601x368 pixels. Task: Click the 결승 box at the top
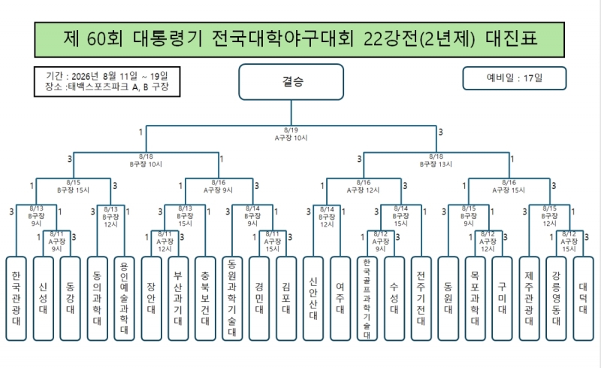291,82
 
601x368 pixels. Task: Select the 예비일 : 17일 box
515,78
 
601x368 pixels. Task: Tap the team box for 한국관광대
16,299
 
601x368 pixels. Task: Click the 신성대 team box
43,299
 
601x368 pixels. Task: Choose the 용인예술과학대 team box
124,299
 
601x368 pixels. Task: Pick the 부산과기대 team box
178,299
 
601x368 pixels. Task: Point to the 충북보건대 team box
205,299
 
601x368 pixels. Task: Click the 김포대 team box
286,299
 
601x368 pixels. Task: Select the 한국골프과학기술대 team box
367,299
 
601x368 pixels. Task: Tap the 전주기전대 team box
421,299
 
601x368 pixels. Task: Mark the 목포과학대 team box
476,299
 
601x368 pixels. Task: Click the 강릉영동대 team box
556,299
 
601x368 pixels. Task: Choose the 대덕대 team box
584,299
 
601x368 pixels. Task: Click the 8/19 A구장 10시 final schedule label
291,134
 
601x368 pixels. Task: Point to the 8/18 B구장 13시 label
436,160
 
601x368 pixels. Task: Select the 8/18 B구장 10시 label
146,160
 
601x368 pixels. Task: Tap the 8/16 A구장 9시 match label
218,187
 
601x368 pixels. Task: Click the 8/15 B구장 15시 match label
73,187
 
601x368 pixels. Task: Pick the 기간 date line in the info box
107,76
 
